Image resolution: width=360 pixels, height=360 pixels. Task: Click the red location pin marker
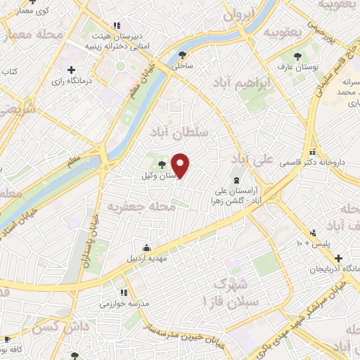[x=181, y=165]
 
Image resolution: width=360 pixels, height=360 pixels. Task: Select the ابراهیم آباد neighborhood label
[x=240, y=84]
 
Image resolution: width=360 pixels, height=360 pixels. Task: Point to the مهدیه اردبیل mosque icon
[x=146, y=247]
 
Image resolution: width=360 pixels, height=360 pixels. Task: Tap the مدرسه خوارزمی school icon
[x=124, y=292]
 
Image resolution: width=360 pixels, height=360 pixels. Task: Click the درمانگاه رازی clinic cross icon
[x=71, y=70]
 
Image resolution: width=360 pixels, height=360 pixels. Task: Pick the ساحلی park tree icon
[x=184, y=54]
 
